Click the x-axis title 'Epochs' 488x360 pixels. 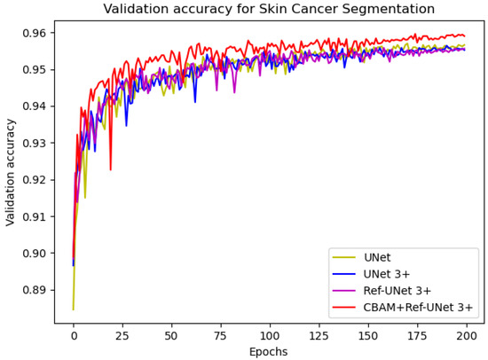[x=269, y=352]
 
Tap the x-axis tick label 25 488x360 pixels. [x=122, y=336]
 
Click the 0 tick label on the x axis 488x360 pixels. [x=74, y=336]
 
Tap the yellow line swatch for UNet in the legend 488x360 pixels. [x=346, y=258]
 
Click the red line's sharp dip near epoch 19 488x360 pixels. [x=110, y=169]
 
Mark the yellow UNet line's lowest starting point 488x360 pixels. [x=73, y=309]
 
